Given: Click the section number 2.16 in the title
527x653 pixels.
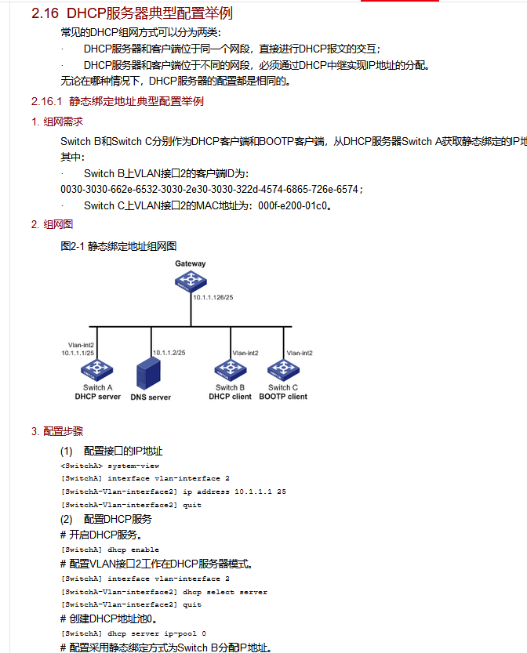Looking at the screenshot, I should [45, 13].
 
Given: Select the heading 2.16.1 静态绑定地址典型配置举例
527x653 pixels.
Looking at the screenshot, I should [118, 101].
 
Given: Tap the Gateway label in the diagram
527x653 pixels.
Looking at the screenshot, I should [191, 263].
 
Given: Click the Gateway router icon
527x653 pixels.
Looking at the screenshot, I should [191, 282].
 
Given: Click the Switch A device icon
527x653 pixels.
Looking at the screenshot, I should [98, 369].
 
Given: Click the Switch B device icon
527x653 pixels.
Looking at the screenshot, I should [231, 369].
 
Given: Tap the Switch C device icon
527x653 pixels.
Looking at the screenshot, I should [283, 369].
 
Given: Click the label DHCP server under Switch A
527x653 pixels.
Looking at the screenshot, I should [98, 397].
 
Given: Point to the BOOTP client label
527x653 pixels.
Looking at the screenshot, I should [283, 397].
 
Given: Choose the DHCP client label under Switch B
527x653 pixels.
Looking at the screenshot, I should [231, 397].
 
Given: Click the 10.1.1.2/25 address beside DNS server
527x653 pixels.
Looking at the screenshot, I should [169, 353].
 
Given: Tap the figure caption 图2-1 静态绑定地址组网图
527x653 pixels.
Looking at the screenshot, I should [118, 246].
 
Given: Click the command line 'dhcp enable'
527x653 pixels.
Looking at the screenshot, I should [110, 550].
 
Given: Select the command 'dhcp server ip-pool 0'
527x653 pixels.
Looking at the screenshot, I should [133, 633].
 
